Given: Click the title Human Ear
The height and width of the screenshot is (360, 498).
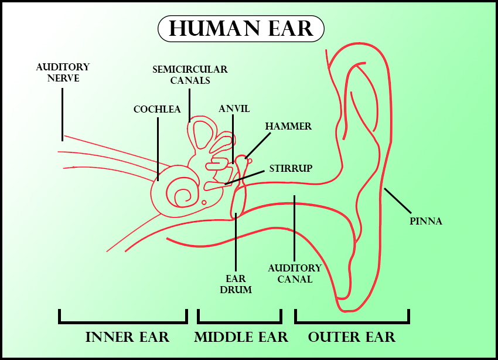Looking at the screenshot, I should coord(241,29).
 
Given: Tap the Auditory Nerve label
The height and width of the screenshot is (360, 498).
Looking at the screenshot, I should coord(63,72).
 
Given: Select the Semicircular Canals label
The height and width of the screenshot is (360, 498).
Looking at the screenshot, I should coord(190,74).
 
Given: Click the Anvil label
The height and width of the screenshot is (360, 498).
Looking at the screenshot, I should coord(234,109).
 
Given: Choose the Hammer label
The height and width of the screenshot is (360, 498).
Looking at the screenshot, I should coord(288,126).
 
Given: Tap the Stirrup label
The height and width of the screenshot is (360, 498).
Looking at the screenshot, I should coord(291,168).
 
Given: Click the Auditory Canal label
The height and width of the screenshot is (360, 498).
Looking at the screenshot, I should coord(295,273).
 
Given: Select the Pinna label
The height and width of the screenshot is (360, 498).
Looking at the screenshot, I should coord(425,221).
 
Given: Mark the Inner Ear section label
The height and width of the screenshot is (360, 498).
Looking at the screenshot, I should coord(127,337).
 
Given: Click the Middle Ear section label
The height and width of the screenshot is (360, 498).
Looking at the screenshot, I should coord(241,337).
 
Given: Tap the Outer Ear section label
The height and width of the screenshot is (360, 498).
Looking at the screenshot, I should coord(352,337).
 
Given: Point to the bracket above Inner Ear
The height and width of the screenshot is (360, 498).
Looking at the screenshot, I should coord(123,321).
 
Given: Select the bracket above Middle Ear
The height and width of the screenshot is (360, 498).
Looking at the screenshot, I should coord(240,321).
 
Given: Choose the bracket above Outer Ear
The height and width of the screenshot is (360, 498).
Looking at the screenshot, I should coord(352,321).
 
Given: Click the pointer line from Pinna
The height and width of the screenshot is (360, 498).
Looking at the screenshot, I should coord(397,201).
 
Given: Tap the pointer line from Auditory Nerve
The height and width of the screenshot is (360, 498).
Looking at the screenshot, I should coord(62,114).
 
